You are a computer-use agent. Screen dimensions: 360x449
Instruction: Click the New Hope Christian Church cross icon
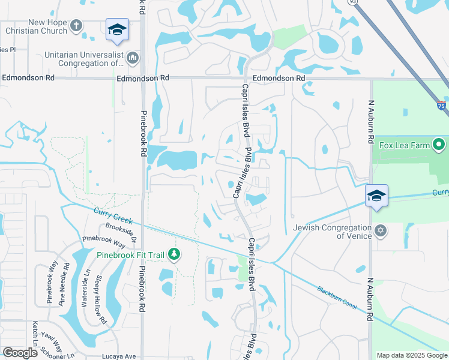(76, 26)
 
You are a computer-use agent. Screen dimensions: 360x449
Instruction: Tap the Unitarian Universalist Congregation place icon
(133, 58)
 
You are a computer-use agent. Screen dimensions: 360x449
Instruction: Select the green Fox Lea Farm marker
(439, 145)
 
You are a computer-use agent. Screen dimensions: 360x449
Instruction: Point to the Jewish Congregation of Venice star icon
(379, 230)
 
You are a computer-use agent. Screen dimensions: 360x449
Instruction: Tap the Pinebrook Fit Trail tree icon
(174, 254)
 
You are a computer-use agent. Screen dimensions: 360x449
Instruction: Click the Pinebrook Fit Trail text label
(132, 254)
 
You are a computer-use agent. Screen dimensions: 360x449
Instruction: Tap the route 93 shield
(352, 2)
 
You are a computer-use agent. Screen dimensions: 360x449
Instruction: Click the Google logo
(20, 353)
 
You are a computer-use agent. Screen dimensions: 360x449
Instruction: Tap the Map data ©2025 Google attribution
(411, 355)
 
